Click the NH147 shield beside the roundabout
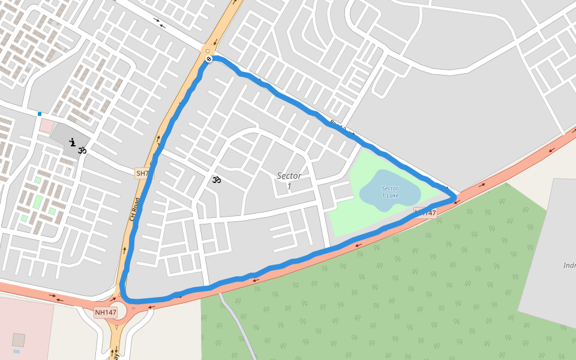[x=106, y=312]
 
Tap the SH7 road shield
[x=143, y=173]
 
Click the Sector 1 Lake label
[x=390, y=192]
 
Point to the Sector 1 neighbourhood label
[x=289, y=181]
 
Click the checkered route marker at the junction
[x=208, y=59]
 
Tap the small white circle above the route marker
[x=208, y=52]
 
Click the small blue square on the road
[x=40, y=113]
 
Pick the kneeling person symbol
[x=72, y=143]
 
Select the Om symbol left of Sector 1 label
[x=217, y=179]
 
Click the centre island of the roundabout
[x=119, y=310]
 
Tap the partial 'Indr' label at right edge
[x=569, y=265]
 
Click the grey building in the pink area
[x=19, y=340]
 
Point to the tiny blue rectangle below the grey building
[x=16, y=351]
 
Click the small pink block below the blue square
[x=47, y=126]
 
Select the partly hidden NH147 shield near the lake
[x=425, y=213]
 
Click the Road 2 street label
[x=338, y=125]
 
